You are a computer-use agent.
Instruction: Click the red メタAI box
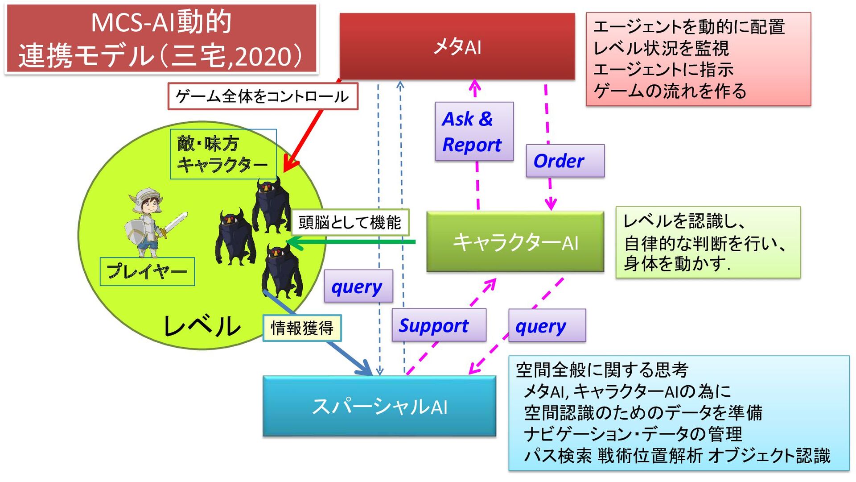(x=457, y=46)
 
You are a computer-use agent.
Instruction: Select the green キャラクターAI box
(x=515, y=242)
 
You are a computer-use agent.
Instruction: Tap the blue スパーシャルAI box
(x=379, y=406)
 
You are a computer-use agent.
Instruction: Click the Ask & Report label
(x=474, y=132)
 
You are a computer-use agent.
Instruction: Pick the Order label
(x=565, y=161)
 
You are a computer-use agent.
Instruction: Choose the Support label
(x=439, y=325)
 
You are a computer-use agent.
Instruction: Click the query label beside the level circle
(x=358, y=287)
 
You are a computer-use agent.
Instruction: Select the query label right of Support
(x=547, y=326)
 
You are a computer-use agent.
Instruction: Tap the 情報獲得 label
(x=302, y=328)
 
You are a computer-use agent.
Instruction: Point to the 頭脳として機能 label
(x=350, y=222)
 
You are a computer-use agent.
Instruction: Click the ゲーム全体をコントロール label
(x=263, y=96)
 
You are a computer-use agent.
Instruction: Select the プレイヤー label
(x=147, y=271)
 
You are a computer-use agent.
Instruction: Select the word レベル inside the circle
(x=202, y=326)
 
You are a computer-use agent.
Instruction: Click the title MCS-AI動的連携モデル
(x=161, y=39)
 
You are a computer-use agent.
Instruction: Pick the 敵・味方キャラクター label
(x=223, y=154)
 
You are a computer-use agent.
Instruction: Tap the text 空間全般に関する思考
(x=602, y=370)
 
